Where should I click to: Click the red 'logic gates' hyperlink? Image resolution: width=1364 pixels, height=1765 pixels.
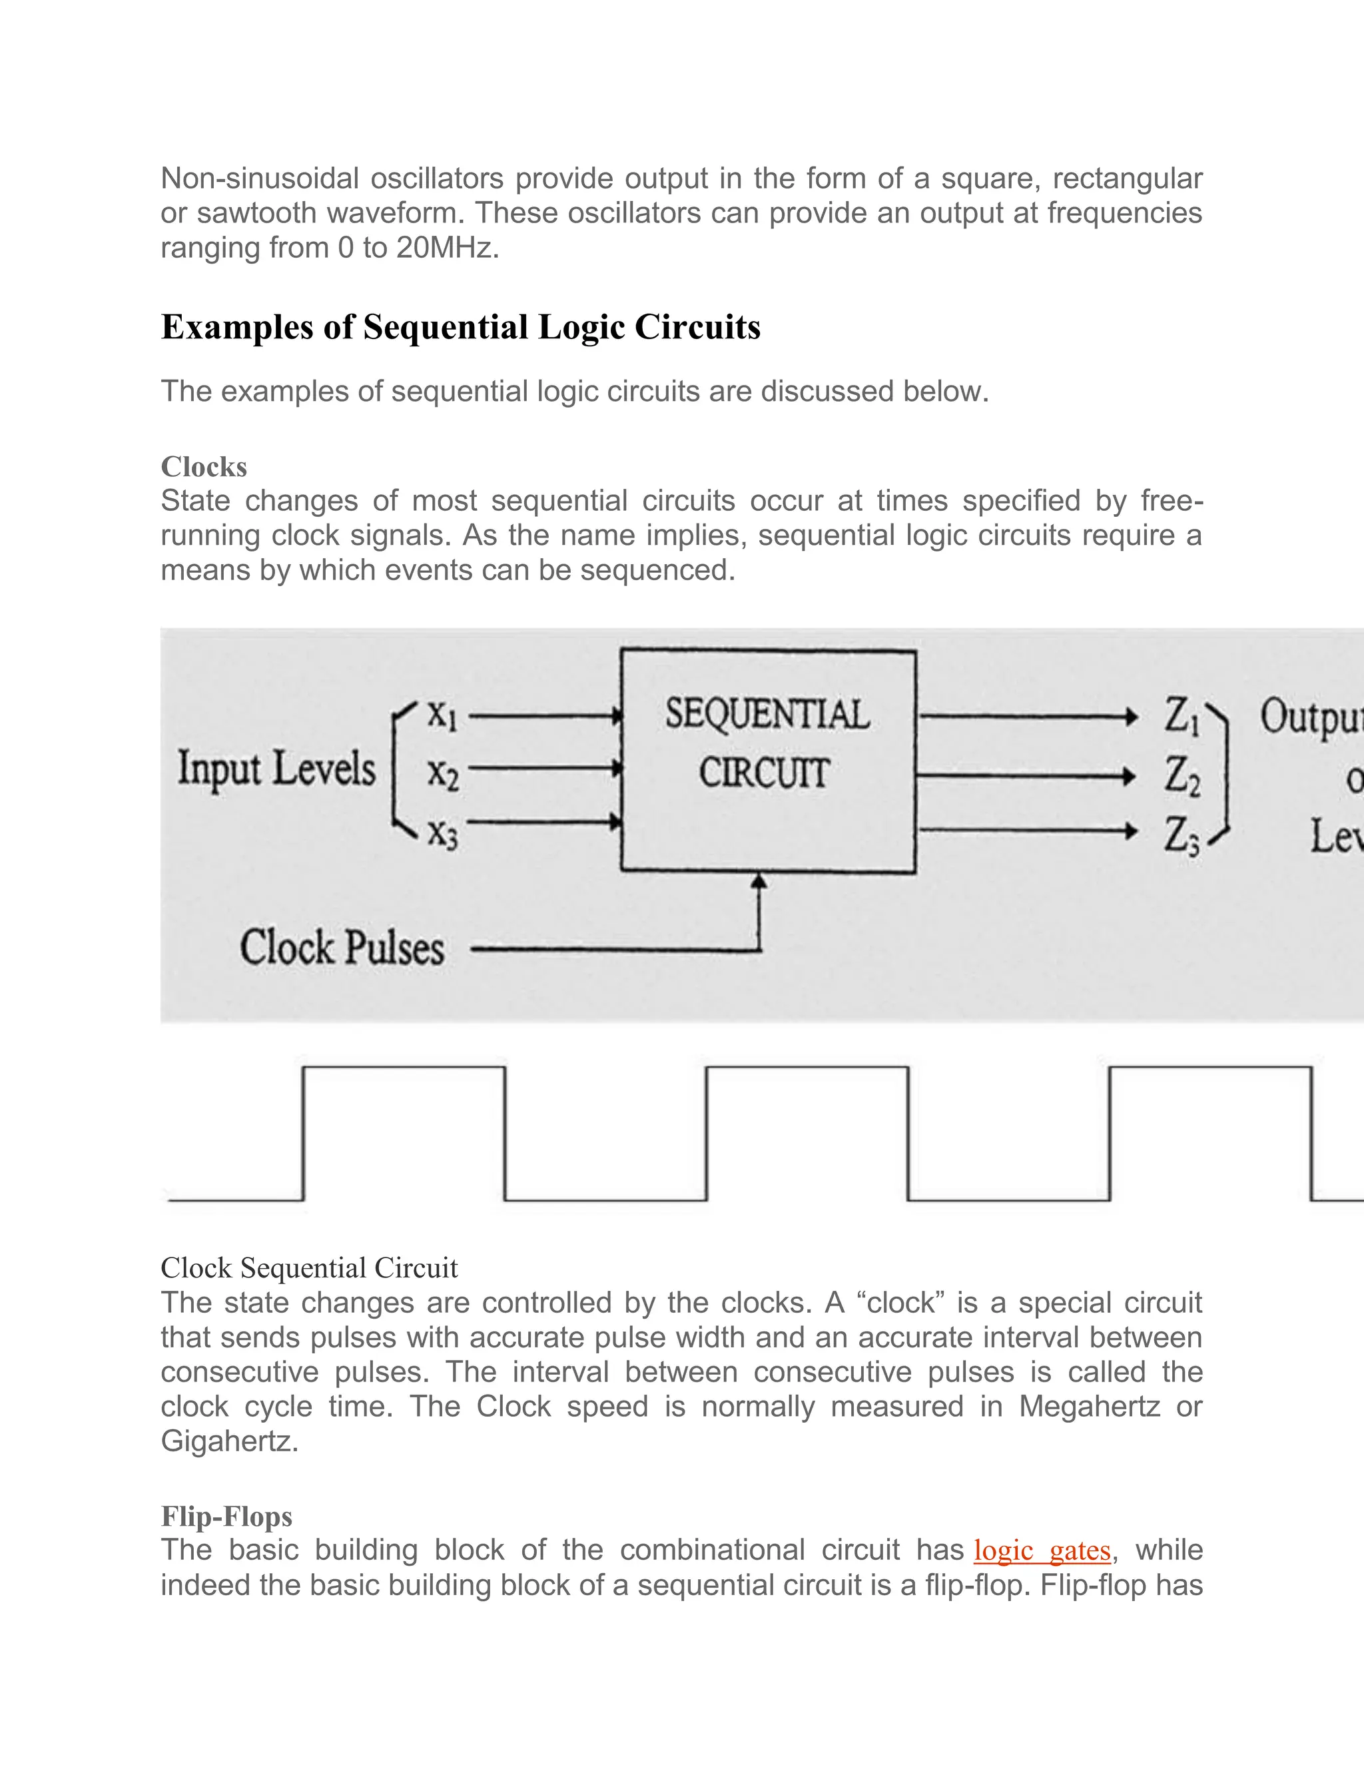[x=1042, y=1551]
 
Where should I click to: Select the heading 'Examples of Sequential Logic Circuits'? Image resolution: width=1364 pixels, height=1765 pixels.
[x=461, y=327]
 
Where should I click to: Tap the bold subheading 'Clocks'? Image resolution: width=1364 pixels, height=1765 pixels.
[x=204, y=467]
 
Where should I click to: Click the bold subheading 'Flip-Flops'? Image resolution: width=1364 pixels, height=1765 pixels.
[x=226, y=1516]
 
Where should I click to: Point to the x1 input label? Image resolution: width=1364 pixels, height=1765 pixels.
[x=443, y=715]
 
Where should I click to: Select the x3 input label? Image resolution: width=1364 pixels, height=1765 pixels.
[x=443, y=833]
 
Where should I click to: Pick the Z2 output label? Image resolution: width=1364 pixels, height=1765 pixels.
[x=1182, y=776]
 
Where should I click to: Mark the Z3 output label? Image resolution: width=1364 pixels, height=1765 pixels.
[x=1182, y=835]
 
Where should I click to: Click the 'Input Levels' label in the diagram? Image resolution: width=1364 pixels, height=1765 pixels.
[x=276, y=768]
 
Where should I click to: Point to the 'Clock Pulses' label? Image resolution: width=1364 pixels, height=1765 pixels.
[x=342, y=948]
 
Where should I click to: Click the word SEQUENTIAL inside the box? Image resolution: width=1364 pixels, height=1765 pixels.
[x=767, y=715]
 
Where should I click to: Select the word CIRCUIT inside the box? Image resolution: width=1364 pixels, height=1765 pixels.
[x=764, y=773]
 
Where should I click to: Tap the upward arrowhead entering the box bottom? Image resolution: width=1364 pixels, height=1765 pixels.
[x=758, y=882]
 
